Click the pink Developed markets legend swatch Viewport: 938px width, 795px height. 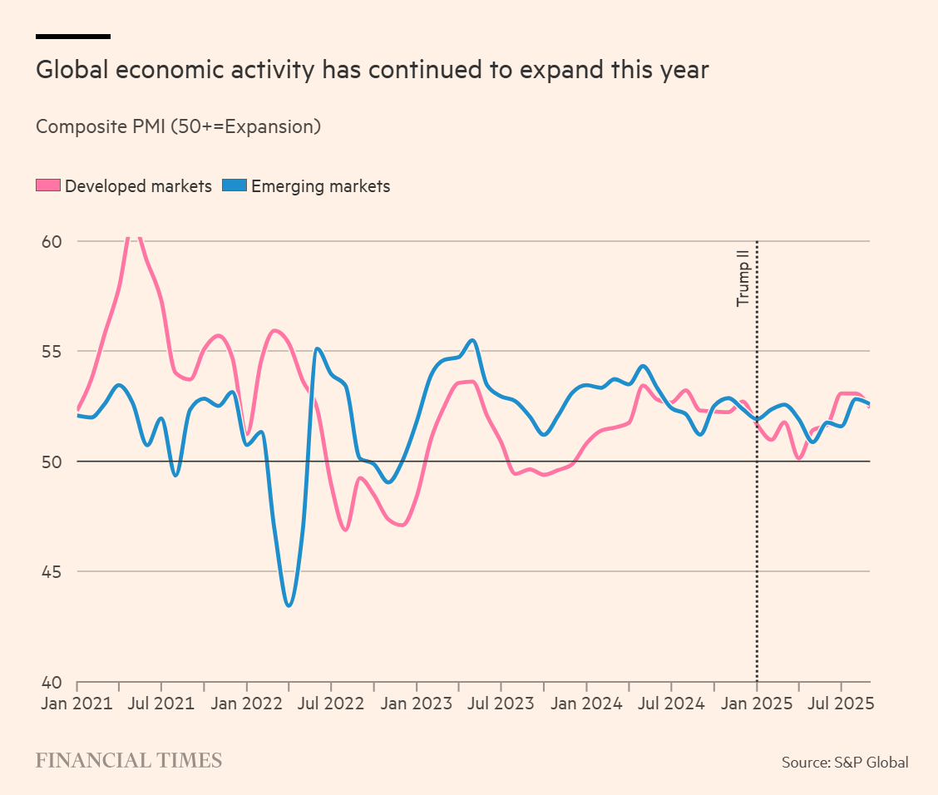[x=48, y=186]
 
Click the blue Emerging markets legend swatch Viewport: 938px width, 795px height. [x=235, y=186]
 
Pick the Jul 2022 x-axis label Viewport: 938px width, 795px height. [x=331, y=704]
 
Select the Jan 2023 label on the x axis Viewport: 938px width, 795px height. [x=416, y=704]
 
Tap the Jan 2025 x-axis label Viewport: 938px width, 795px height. [x=756, y=704]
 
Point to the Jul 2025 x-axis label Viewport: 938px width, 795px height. [x=841, y=704]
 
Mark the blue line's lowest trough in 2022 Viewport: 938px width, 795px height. [x=289, y=605]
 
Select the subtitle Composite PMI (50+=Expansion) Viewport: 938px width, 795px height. [x=178, y=127]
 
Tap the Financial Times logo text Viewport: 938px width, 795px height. [x=128, y=760]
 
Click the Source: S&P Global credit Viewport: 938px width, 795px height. [x=844, y=762]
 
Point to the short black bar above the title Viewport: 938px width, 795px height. [x=73, y=37]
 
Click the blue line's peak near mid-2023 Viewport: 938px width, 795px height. [x=472, y=340]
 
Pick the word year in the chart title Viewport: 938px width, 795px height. [x=683, y=70]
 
